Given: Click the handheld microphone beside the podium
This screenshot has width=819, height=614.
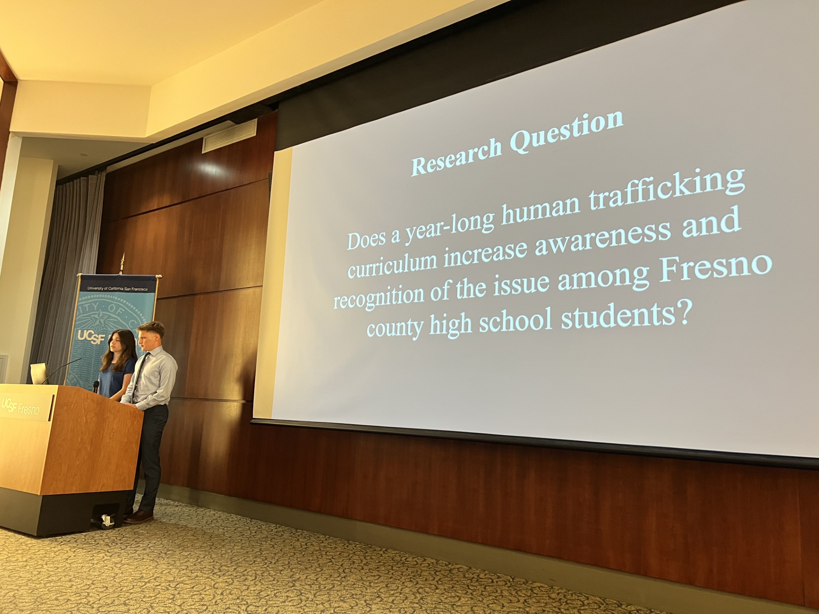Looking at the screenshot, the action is pos(96,386).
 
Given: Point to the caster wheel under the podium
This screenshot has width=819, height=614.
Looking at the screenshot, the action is pos(107,521).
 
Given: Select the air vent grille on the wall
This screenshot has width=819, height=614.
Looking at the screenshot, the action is pos(229,136).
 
